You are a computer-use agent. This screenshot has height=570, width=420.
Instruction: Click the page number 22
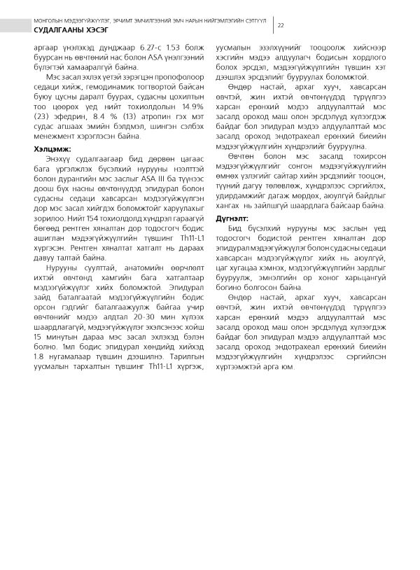[x=281, y=25]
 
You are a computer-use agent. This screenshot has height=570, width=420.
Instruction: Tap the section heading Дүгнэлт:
[x=232, y=198]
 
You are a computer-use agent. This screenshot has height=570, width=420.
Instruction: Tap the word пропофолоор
[x=171, y=78]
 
